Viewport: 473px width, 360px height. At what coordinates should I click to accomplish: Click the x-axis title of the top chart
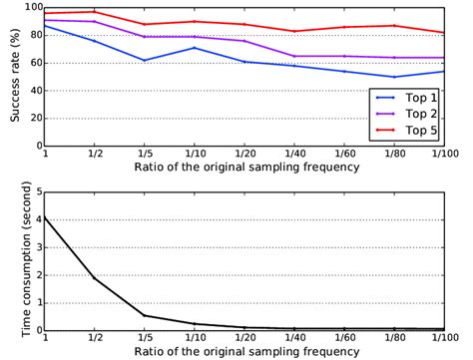tap(257, 169)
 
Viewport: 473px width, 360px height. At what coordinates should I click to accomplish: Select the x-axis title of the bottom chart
tap(257, 352)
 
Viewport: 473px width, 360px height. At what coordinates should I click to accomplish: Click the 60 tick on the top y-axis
tap(33, 63)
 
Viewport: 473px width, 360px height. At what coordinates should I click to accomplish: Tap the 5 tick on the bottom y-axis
tap(37, 191)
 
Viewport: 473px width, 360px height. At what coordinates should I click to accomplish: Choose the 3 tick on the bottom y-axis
tap(37, 246)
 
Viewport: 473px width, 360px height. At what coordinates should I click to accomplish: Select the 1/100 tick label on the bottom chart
tap(446, 338)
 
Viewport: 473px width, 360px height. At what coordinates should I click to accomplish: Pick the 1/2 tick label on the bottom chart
tap(96, 338)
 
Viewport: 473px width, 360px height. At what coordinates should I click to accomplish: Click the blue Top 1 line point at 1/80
tap(395, 77)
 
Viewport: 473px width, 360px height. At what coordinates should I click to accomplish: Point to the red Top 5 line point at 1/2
tap(95, 12)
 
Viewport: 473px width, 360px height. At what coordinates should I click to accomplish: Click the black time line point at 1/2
tap(95, 277)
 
